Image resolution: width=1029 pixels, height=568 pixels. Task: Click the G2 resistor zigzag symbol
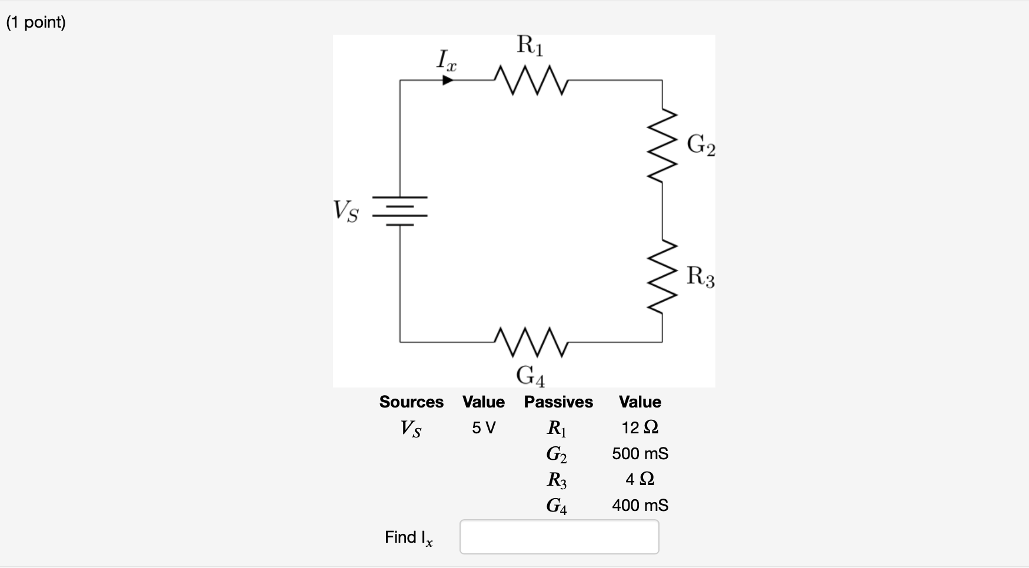point(663,146)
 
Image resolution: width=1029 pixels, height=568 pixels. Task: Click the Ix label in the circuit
point(447,60)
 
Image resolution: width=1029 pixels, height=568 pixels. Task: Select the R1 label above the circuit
point(530,45)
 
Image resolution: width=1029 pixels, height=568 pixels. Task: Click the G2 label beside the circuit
point(701,145)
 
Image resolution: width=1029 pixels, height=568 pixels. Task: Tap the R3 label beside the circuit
point(701,276)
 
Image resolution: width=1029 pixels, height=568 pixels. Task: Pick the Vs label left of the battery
point(345,211)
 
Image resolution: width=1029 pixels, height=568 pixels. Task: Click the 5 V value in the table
point(484,428)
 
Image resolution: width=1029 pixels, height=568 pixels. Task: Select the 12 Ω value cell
point(640,427)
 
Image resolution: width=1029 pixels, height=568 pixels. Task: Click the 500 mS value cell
point(640,453)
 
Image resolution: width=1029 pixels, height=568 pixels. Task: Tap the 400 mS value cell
point(640,505)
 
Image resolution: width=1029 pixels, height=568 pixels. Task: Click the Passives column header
point(558,402)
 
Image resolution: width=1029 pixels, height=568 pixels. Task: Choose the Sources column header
point(411,402)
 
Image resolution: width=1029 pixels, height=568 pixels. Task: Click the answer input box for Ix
point(559,537)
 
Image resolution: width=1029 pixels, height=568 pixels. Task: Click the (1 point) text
point(36,22)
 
